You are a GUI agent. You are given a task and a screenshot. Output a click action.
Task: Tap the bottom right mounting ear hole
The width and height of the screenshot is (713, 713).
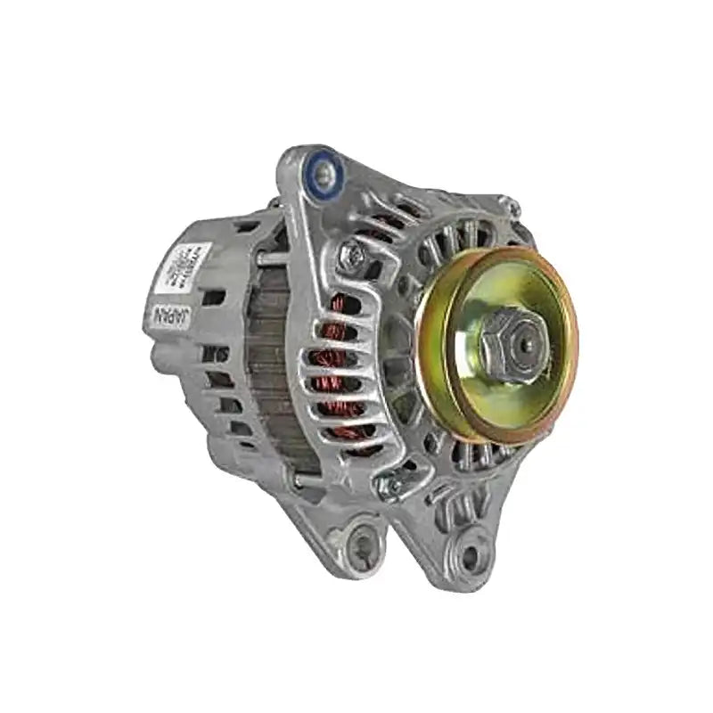tap(469, 555)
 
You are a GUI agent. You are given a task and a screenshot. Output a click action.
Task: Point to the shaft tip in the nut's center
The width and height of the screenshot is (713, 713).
tap(525, 340)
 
